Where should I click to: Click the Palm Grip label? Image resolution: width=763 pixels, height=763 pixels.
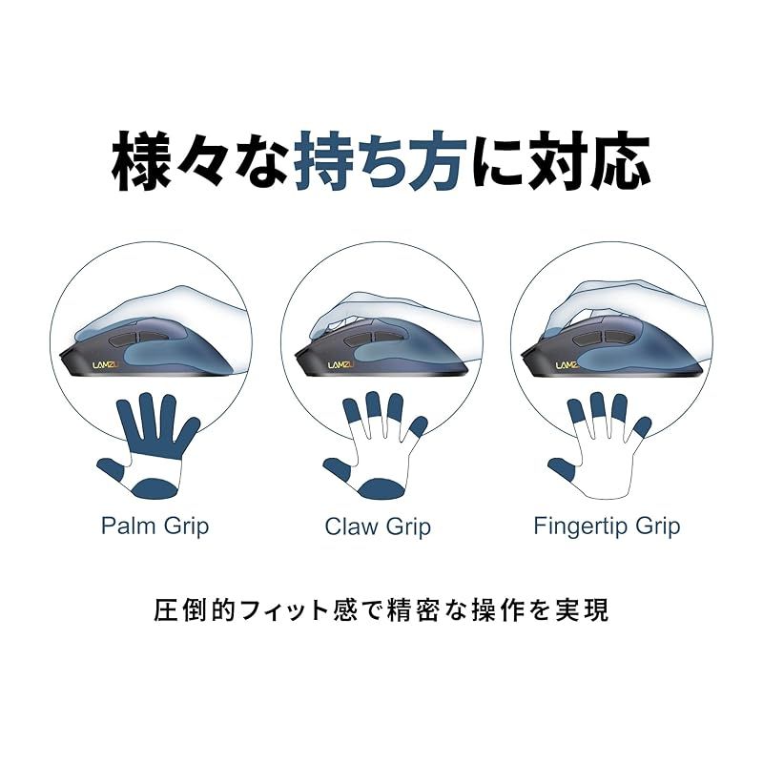point(155,526)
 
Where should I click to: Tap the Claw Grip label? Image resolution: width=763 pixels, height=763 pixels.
point(378,526)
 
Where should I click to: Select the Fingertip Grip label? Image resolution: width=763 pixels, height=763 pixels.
point(607,526)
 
